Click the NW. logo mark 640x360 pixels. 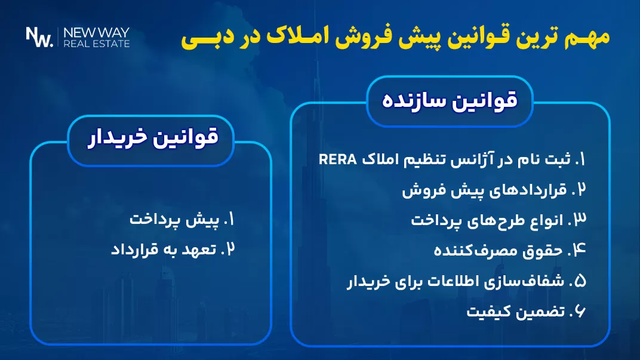pos(39,37)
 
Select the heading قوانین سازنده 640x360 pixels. pos(450,100)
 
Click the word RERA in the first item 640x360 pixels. pos(337,159)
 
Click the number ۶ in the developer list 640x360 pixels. pos(579,312)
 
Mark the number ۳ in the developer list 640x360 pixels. pos(578,221)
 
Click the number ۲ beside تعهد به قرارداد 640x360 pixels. pos(227,250)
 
